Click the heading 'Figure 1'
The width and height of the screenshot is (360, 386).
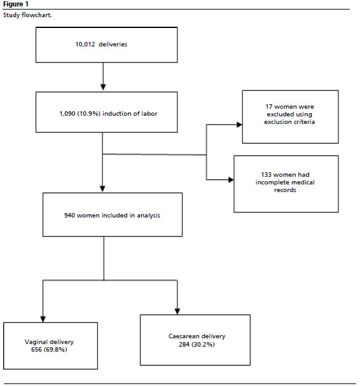coord(16,4)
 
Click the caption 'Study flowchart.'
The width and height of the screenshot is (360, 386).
coord(27,15)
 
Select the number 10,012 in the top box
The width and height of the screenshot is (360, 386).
coord(85,45)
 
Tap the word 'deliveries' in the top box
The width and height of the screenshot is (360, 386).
coord(113,45)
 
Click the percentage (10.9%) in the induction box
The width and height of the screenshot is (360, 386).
coord(88,114)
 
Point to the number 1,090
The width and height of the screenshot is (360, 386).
coord(67,114)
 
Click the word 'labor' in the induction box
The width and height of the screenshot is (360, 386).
coord(149,113)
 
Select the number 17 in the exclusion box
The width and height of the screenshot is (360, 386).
coord(268,107)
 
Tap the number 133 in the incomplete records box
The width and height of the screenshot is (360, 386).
coord(266,175)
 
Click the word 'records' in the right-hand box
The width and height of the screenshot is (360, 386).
coord(285,190)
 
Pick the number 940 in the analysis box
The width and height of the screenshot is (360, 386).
coord(69,216)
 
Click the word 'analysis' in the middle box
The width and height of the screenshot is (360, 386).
coord(148,216)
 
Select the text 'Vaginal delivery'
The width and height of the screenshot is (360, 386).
coord(49,342)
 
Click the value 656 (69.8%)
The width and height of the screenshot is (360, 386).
coord(49,350)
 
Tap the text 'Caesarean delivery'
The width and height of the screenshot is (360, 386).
coord(197,336)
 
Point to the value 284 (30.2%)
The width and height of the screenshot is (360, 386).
coord(197,345)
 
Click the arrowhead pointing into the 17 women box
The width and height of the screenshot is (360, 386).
coord(239,125)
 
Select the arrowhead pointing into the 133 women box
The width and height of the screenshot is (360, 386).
coord(231,180)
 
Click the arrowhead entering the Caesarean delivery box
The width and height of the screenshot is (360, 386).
coord(177,312)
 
